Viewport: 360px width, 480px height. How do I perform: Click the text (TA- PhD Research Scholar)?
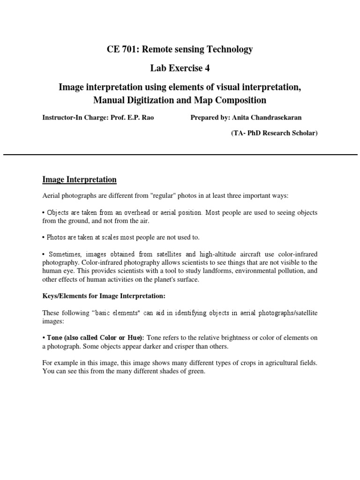click(x=274, y=133)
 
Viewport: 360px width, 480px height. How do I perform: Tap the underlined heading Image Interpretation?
click(x=79, y=180)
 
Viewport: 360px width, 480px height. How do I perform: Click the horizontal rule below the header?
click(x=180, y=154)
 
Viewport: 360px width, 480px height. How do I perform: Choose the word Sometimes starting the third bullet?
click(x=63, y=254)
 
